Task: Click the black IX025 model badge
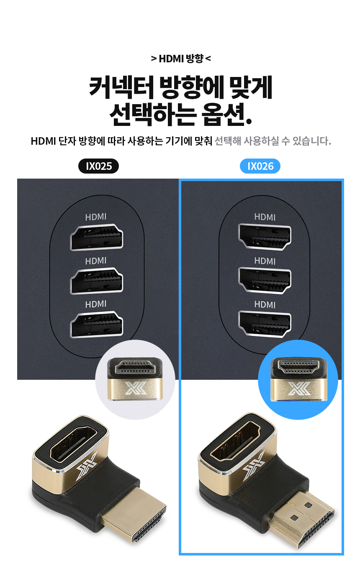98,166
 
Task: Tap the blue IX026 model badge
260,166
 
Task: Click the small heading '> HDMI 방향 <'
181,59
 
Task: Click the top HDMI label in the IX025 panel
95,217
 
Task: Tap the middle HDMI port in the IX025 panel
96,281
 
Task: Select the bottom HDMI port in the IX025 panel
96,325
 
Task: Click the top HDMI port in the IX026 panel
265,237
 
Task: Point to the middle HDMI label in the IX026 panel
265,261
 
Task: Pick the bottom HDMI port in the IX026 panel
265,324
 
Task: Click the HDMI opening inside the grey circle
135,367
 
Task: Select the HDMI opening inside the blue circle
298,367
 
